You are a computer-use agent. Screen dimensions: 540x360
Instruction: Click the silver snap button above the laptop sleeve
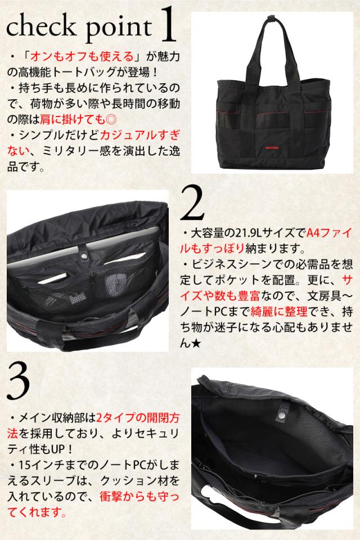85,255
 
